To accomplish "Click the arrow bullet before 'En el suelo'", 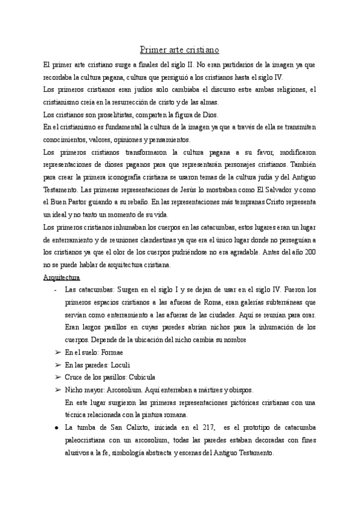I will click(58, 352).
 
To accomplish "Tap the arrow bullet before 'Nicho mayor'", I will click(58, 390).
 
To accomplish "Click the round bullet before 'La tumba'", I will click(56, 427).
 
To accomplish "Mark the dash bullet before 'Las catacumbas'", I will click(55, 290).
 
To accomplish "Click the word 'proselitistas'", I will click(103, 115).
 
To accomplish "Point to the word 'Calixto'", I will click(124, 427).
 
